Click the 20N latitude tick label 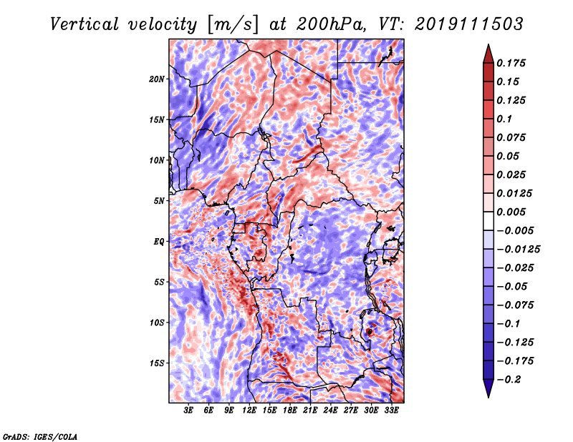coord(156,79)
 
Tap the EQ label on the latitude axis coord(158,242)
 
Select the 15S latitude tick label coord(156,363)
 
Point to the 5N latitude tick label coord(158,201)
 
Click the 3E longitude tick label coord(188,411)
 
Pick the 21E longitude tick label coord(310,411)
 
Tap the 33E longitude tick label coord(391,411)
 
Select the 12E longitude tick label coord(249,411)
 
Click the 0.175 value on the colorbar coord(511,63)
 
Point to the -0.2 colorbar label coord(509,380)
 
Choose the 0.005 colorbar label coord(511,212)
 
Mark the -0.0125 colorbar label coord(518,250)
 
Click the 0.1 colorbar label coord(504,119)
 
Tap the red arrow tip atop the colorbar coord(488,45)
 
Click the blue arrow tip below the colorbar coord(488,397)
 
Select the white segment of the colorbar coord(488,221)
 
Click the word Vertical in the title coord(85,24)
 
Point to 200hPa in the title coord(330,24)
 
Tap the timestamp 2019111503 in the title coord(469,24)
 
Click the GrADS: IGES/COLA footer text coord(39,437)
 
